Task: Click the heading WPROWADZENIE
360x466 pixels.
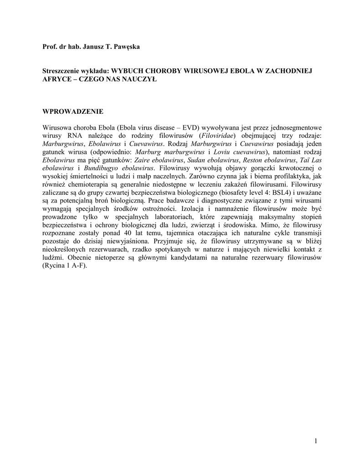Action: [73, 111]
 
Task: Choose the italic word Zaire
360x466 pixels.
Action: [144, 160]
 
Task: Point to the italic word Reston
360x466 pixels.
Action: [253, 160]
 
